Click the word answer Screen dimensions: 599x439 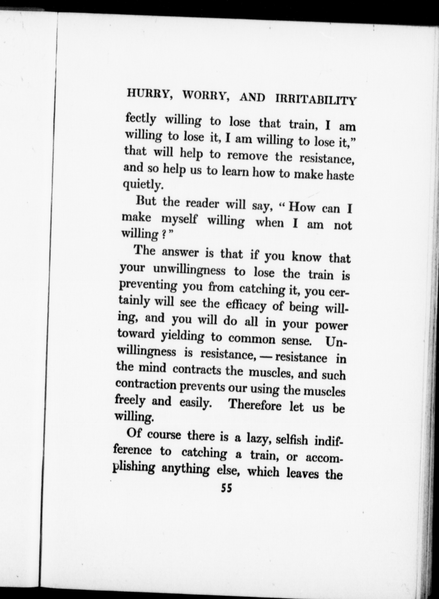coord(180,253)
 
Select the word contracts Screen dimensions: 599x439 coord(197,370)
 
